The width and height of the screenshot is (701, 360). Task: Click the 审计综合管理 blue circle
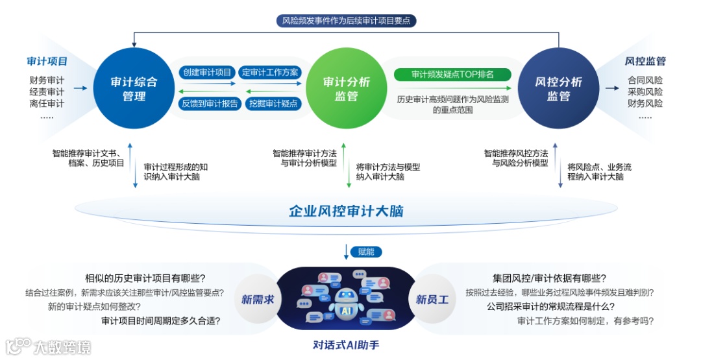click(x=134, y=90)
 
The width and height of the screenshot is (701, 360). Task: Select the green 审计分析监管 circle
click(x=347, y=90)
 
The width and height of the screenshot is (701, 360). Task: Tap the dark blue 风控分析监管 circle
click(x=558, y=90)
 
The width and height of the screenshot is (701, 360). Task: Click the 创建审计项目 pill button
click(x=207, y=73)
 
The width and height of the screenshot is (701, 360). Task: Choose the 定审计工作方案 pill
click(x=270, y=73)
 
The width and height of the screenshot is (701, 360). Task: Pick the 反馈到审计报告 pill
click(x=210, y=103)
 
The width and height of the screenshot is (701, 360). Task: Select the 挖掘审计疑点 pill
click(x=273, y=103)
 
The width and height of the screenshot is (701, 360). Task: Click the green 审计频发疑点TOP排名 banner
click(x=452, y=75)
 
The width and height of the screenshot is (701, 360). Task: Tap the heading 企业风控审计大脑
click(x=346, y=211)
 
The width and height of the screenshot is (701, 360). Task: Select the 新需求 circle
click(x=257, y=300)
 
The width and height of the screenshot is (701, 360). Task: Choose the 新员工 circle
click(x=432, y=300)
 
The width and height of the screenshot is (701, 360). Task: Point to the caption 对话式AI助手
click(x=346, y=345)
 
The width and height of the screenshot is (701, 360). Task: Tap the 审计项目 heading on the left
click(x=47, y=62)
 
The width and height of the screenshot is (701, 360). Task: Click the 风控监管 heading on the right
click(x=645, y=62)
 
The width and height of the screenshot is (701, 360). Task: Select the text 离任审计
click(x=47, y=103)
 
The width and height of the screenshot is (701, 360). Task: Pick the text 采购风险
click(x=645, y=92)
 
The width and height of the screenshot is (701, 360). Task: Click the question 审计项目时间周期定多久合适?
click(x=160, y=320)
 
